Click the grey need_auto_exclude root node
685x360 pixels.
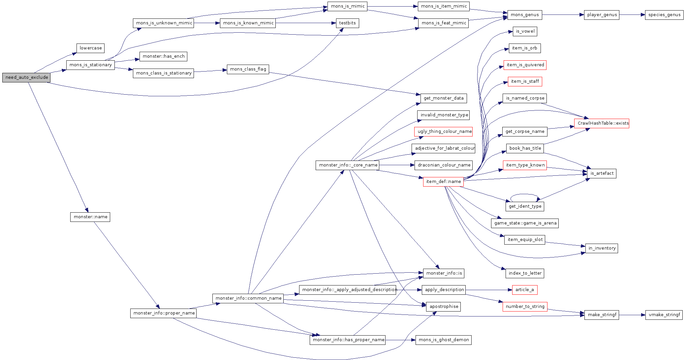pyautogui.click(x=26, y=77)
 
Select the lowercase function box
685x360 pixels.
pyautogui.click(x=90, y=48)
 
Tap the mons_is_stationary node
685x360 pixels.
pyautogui.click(x=90, y=65)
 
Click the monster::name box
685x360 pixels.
pyautogui.click(x=90, y=217)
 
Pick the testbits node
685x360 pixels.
pyautogui.click(x=347, y=23)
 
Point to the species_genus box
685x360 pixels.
pyautogui.click(x=664, y=15)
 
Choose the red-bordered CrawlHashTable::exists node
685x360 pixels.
pyautogui.click(x=602, y=123)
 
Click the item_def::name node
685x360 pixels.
pyautogui.click(x=443, y=182)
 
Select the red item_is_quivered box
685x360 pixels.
pyautogui.click(x=525, y=65)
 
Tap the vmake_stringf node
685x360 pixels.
pyautogui.click(x=664, y=315)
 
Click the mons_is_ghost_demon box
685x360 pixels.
pyautogui.click(x=443, y=340)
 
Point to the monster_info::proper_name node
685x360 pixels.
pyautogui.click(x=164, y=313)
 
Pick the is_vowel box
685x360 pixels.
pyautogui.click(x=525, y=31)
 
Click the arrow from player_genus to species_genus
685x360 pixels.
pyautogui.click(x=632, y=15)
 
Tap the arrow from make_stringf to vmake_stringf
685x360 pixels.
pyautogui.click(x=632, y=315)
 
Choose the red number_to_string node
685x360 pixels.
pyautogui.click(x=525, y=307)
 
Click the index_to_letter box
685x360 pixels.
pyautogui.click(x=525, y=273)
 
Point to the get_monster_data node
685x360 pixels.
pyautogui.click(x=443, y=98)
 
